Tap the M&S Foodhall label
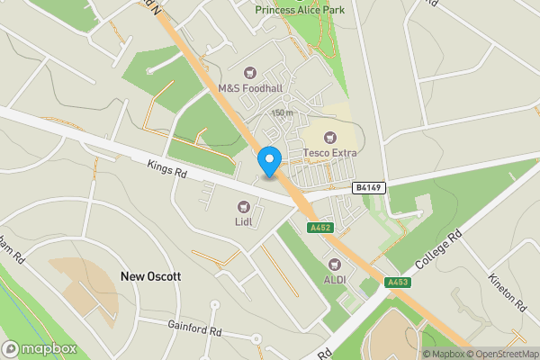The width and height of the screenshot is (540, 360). [x=250, y=89]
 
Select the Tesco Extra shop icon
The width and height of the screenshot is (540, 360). [x=329, y=138]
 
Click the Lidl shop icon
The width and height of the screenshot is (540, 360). [x=242, y=207]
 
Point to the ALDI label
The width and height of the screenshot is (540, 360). [x=335, y=280]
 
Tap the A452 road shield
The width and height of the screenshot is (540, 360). [x=319, y=228]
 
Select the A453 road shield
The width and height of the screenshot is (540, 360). [x=398, y=283]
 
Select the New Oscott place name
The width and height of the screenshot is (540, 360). [x=150, y=277]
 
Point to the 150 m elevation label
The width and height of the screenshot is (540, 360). [x=283, y=113]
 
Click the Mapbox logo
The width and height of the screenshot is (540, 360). [x=39, y=348]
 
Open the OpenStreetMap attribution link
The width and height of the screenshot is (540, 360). [x=507, y=354]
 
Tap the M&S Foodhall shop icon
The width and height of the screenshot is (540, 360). [x=251, y=72]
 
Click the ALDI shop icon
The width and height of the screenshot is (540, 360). [x=336, y=264]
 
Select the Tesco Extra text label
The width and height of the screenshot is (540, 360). [x=329, y=153]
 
